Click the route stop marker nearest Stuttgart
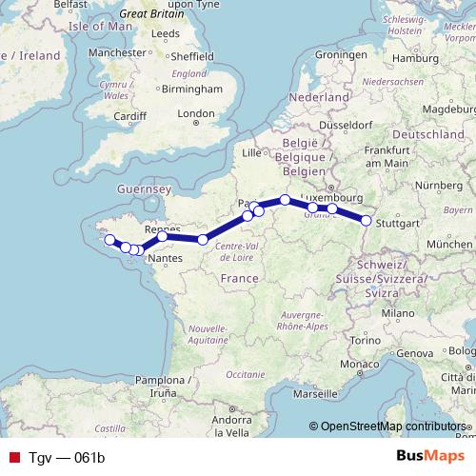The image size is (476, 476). tap(366, 221)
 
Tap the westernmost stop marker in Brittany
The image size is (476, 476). tap(109, 240)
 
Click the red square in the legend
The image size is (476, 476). tap(12, 457)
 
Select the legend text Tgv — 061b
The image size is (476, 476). tap(65, 457)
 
